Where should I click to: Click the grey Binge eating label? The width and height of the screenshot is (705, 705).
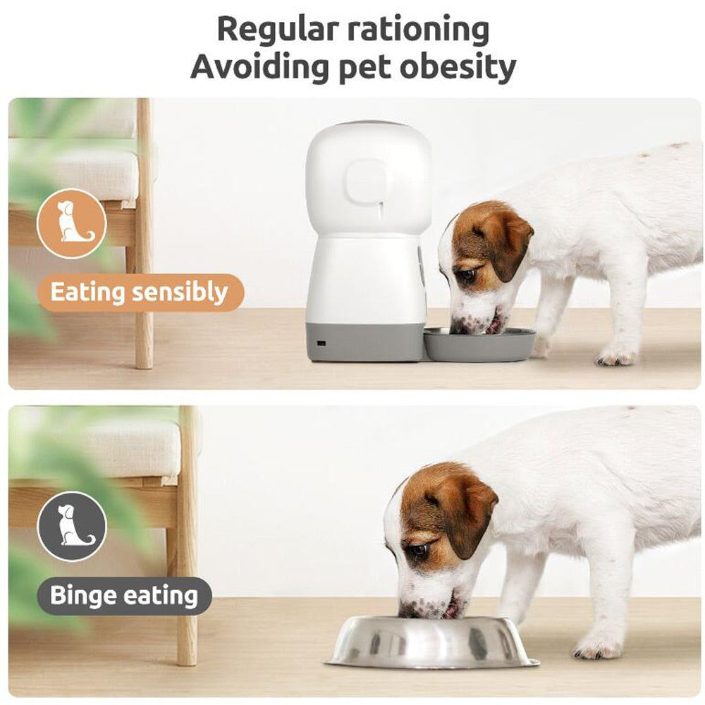pyautogui.click(x=123, y=596)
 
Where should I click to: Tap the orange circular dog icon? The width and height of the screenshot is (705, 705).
pyautogui.click(x=71, y=223)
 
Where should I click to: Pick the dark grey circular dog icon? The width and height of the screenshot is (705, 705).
pyautogui.click(x=71, y=526)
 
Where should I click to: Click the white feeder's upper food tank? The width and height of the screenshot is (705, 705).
pyautogui.click(x=369, y=180)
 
